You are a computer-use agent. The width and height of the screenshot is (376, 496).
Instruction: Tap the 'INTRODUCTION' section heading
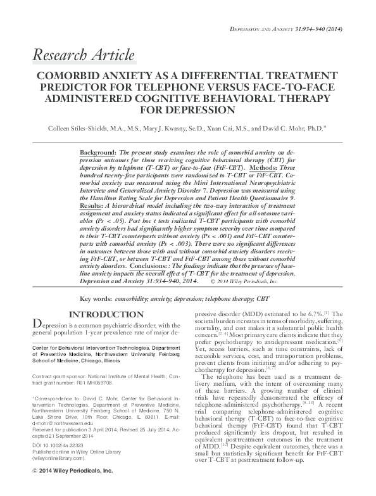click(105, 314)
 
